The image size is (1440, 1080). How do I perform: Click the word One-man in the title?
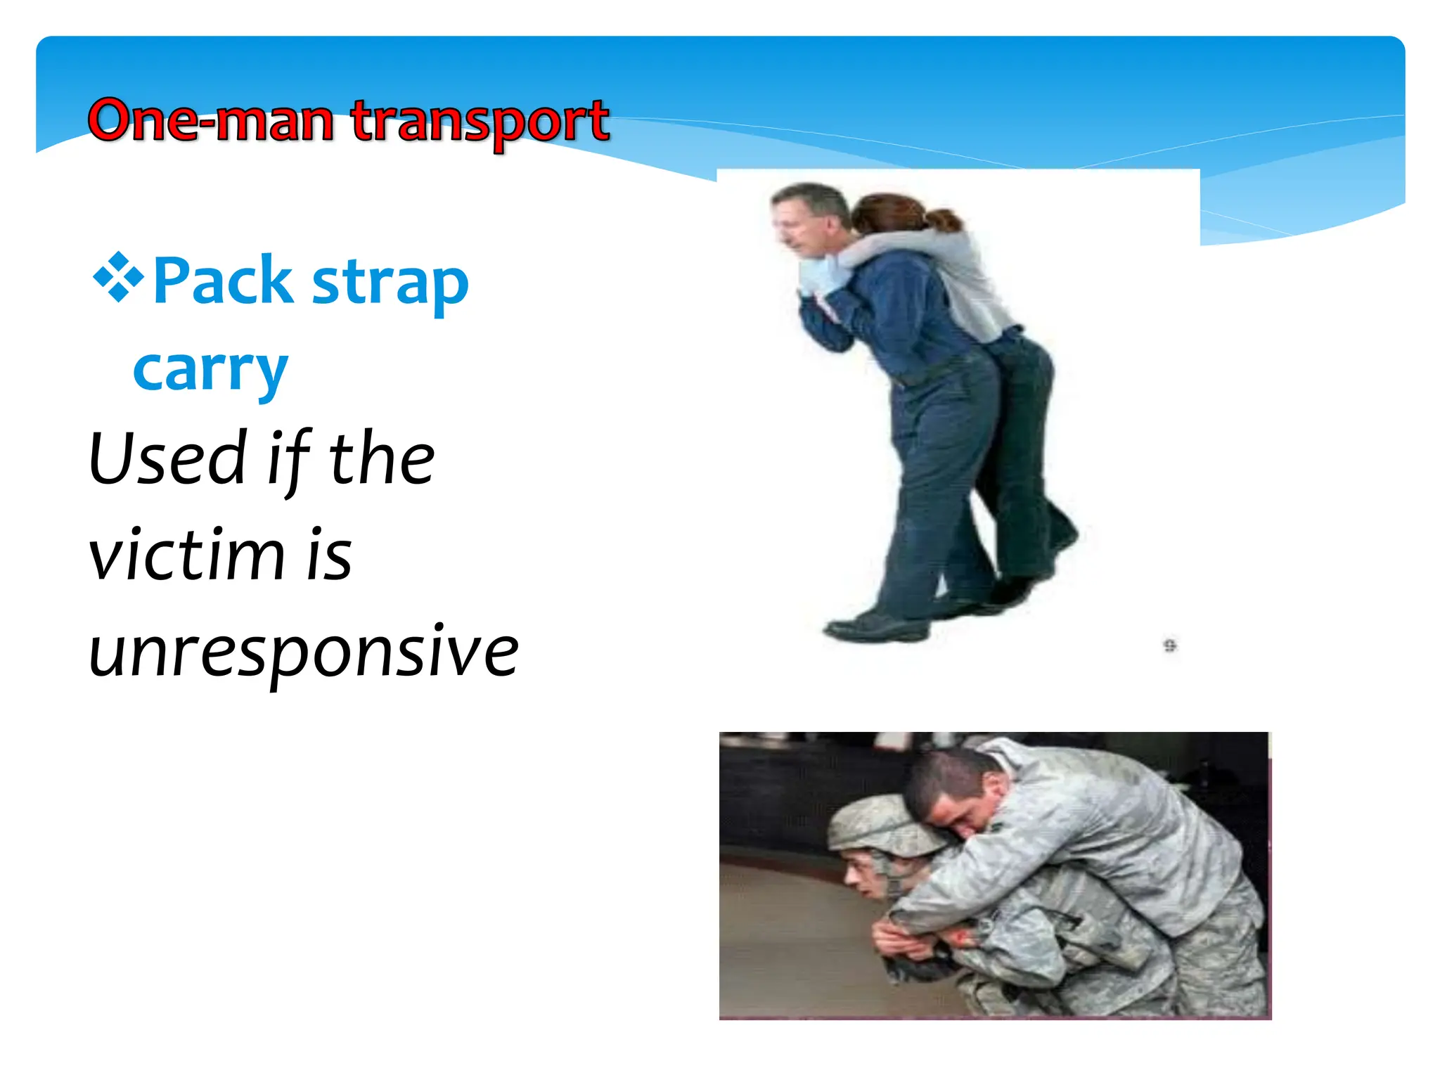tap(210, 121)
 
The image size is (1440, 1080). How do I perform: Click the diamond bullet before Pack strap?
tap(118, 278)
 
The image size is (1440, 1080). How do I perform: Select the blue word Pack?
tap(222, 281)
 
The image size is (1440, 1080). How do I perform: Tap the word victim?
tap(186, 555)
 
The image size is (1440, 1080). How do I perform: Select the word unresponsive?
tap(303, 652)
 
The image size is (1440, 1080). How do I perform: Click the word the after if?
tap(382, 458)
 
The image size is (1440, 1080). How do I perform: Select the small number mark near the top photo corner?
tap(1169, 645)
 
